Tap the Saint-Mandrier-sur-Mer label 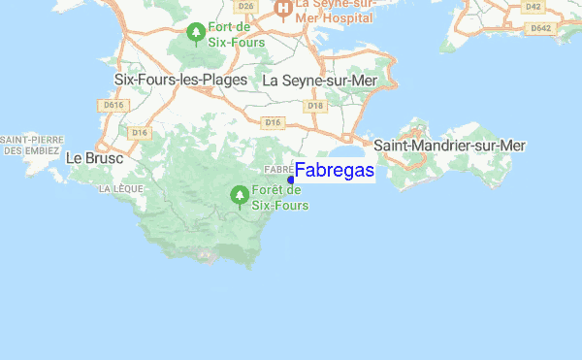450,146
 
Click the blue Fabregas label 335,171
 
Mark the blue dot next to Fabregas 291,180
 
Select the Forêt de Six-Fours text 279,198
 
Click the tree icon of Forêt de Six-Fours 238,196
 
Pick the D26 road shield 245,6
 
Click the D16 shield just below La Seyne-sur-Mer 273,122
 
